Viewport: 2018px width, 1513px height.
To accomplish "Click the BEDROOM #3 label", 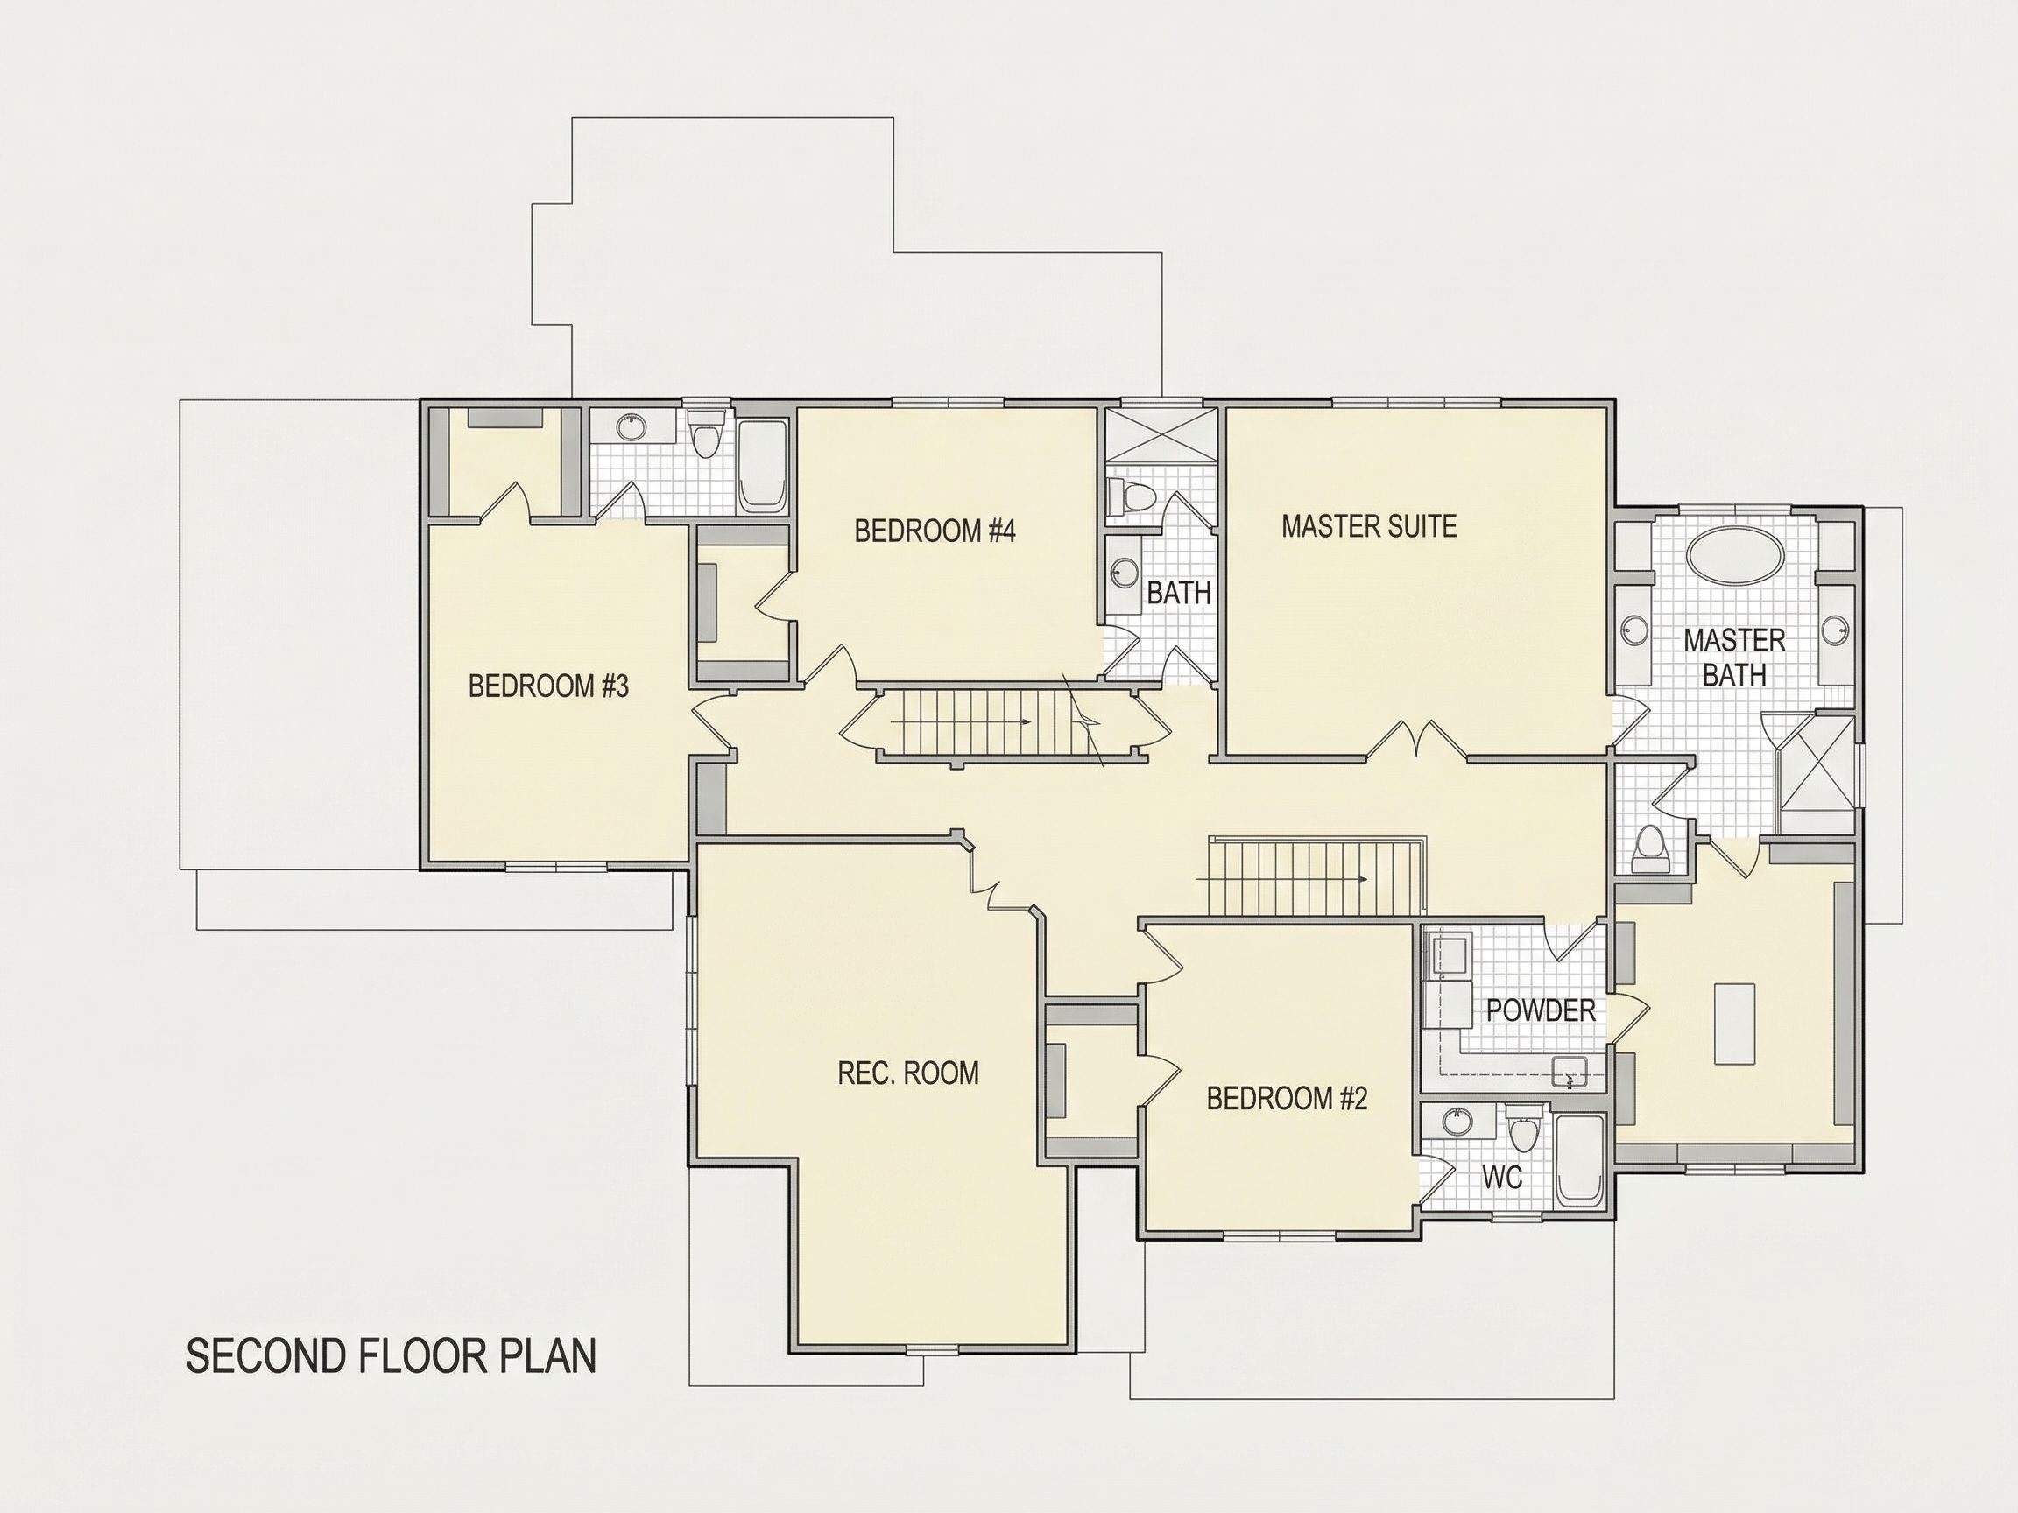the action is point(548,686).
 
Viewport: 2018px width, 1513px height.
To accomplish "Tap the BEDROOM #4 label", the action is point(935,531).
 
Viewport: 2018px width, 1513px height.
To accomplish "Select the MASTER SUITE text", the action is point(1368,526).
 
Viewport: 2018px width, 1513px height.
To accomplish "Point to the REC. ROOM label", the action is point(907,1073).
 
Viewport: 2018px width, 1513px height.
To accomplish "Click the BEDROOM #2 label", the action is point(1287,1099).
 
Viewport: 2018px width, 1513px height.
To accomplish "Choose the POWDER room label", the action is point(1540,1010).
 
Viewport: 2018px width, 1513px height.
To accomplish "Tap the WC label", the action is point(1501,1179).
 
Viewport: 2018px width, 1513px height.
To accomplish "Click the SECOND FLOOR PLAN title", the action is point(392,1356).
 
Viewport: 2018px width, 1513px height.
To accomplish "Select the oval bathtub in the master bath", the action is point(1735,553).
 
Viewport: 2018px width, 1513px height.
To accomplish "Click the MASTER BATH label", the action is point(1734,658).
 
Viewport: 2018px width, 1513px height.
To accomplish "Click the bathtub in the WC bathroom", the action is point(1579,1160).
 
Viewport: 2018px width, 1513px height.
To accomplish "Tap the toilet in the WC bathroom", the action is point(1521,1127).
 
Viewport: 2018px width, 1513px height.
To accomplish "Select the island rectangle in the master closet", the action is point(1735,1024).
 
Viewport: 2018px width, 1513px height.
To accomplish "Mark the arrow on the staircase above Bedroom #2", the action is point(1281,879).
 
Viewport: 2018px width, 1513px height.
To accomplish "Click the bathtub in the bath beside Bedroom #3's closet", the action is point(762,465).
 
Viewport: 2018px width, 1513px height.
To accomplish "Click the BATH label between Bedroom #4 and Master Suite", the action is point(1179,593).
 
